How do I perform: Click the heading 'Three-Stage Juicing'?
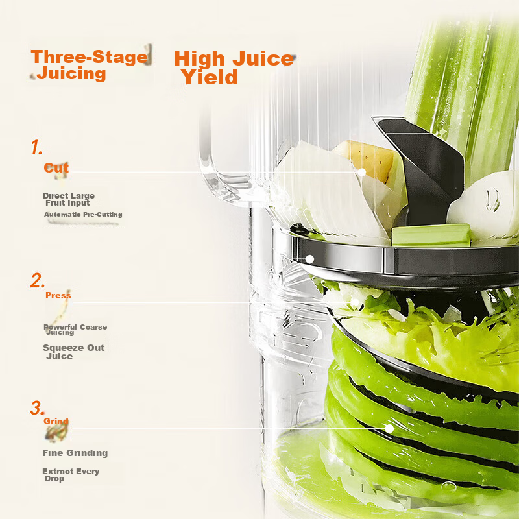click(89, 66)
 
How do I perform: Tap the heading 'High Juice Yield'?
click(234, 67)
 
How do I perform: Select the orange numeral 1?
click(37, 147)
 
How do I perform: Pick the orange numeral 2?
click(38, 280)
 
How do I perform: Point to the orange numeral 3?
click(37, 408)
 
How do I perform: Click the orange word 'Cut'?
click(56, 168)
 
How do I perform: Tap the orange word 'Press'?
click(58, 295)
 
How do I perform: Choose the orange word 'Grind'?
click(56, 421)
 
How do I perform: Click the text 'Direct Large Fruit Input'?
click(69, 199)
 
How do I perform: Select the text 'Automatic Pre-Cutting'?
click(83, 215)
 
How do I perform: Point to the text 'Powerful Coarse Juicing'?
click(75, 330)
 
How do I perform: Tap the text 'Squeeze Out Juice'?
click(73, 352)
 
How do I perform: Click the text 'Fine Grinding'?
click(75, 453)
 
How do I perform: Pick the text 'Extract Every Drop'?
click(71, 475)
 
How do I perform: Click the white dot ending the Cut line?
click(362, 173)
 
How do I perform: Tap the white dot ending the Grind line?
click(390, 429)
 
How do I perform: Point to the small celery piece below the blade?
click(431, 235)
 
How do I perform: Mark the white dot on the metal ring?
click(310, 259)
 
